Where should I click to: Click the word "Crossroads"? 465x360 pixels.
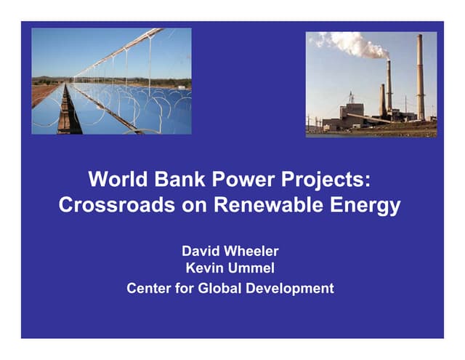coord(124,206)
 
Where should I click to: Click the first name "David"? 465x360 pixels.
coord(201,252)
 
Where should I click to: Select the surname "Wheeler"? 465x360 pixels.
coord(253,252)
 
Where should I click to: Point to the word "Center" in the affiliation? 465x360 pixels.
coord(150,288)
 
